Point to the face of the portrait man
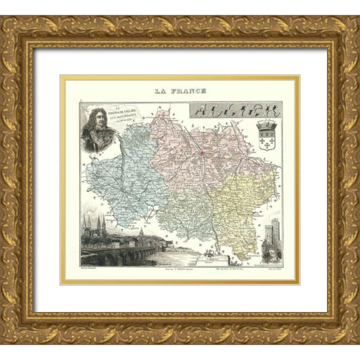[x=96, y=122]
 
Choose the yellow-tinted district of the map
[x=243, y=203]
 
